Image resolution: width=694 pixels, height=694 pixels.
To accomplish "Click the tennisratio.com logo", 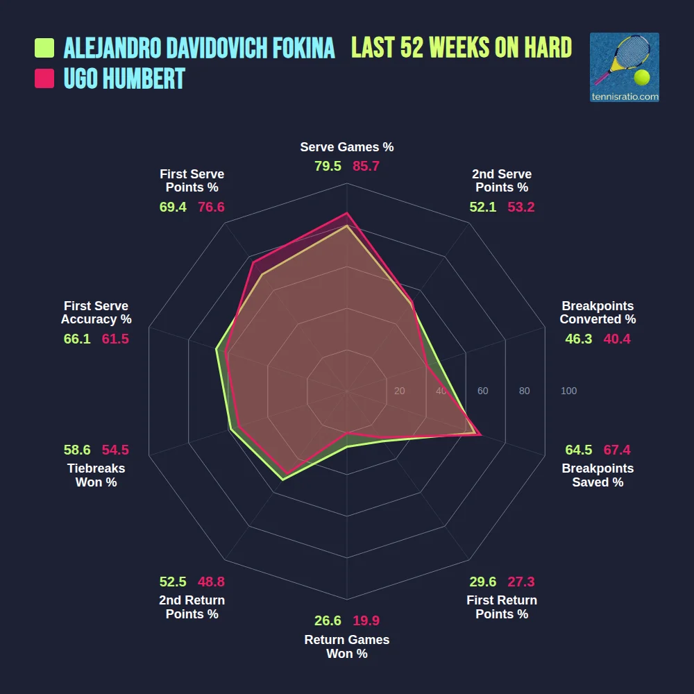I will (624, 67).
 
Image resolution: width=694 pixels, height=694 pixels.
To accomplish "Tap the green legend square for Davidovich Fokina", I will (44, 48).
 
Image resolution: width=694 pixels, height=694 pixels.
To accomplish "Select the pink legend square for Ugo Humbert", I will (44, 78).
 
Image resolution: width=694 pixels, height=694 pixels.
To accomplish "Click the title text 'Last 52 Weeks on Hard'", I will (462, 48).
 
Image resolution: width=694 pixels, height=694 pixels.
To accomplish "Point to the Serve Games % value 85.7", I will (366, 167).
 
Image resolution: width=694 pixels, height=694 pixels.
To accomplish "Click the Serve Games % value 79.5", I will (328, 167).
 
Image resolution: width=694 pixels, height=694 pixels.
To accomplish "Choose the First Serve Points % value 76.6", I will (211, 207).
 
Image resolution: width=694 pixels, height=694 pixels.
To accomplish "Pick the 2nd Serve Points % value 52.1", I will (483, 207).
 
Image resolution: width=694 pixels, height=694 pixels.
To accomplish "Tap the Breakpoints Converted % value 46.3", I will (579, 339).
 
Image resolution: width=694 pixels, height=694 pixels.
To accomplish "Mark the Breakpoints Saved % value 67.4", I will (617, 450).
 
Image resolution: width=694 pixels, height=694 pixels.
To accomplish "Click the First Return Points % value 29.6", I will (483, 582).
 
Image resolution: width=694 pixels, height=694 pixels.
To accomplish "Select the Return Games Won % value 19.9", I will (366, 621).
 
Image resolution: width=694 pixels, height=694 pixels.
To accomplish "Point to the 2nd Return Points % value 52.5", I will (173, 582).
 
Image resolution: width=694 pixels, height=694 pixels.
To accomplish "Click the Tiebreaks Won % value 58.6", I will (77, 450).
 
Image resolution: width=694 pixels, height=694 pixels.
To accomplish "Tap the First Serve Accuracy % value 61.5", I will (115, 339).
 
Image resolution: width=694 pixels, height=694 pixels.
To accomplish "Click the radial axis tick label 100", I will (568, 391).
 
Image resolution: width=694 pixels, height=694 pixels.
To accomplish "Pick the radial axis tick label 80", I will (524, 391).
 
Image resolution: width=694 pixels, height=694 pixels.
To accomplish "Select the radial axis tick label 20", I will (399, 391).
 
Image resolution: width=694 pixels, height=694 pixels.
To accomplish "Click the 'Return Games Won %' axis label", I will (347, 646).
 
